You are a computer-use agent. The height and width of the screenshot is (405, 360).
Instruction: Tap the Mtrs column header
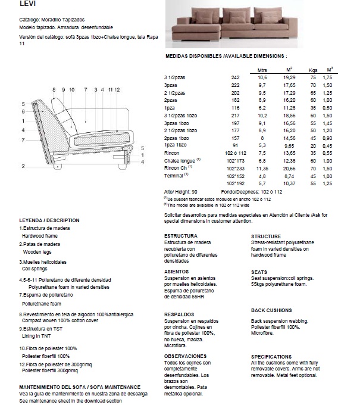(262, 70)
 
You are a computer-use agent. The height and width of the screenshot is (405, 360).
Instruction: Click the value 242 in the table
(235, 77)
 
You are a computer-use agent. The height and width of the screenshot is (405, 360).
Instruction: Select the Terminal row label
(174, 176)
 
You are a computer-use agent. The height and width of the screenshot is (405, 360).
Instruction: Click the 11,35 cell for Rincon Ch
(262, 169)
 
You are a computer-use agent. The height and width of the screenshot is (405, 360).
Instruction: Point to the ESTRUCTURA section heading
(180, 236)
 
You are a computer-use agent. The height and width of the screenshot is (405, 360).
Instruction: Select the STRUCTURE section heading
(266, 236)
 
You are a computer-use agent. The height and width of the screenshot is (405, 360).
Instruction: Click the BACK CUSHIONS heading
(271, 310)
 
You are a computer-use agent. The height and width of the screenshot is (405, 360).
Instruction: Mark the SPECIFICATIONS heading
(271, 356)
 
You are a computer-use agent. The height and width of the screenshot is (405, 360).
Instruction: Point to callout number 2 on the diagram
(23, 166)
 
